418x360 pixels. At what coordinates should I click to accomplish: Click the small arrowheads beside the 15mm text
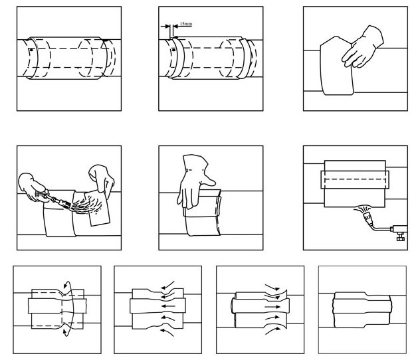point(168,27)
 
